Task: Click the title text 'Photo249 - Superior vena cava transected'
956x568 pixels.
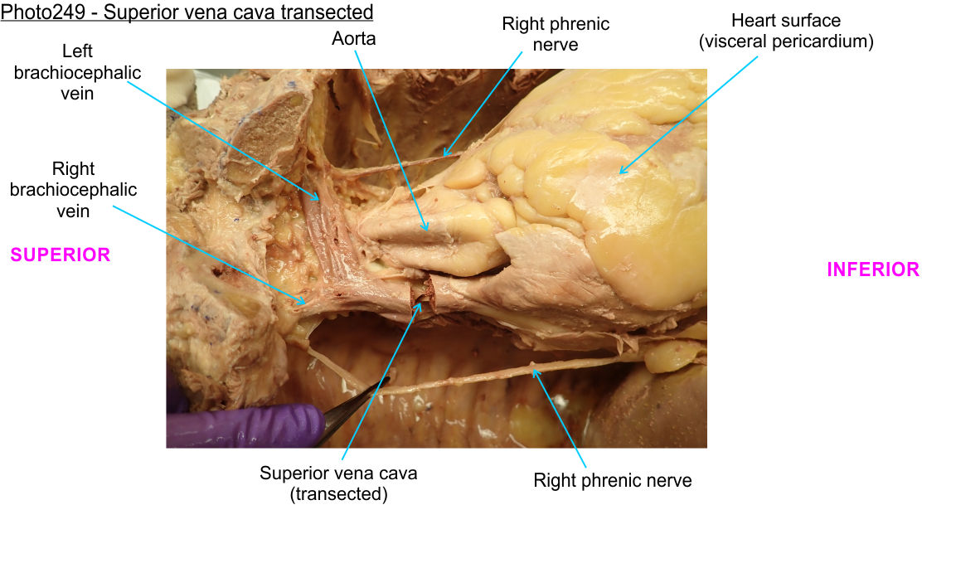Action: tap(187, 12)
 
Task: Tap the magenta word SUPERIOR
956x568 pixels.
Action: tap(60, 255)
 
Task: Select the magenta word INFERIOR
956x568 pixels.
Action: tap(873, 269)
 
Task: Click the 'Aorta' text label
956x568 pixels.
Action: tap(354, 38)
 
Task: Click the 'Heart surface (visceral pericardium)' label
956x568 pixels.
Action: tap(786, 31)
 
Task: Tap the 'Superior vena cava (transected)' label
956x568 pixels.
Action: tap(338, 483)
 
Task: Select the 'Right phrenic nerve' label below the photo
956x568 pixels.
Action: tap(612, 480)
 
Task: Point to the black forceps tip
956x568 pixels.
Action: tap(385, 379)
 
